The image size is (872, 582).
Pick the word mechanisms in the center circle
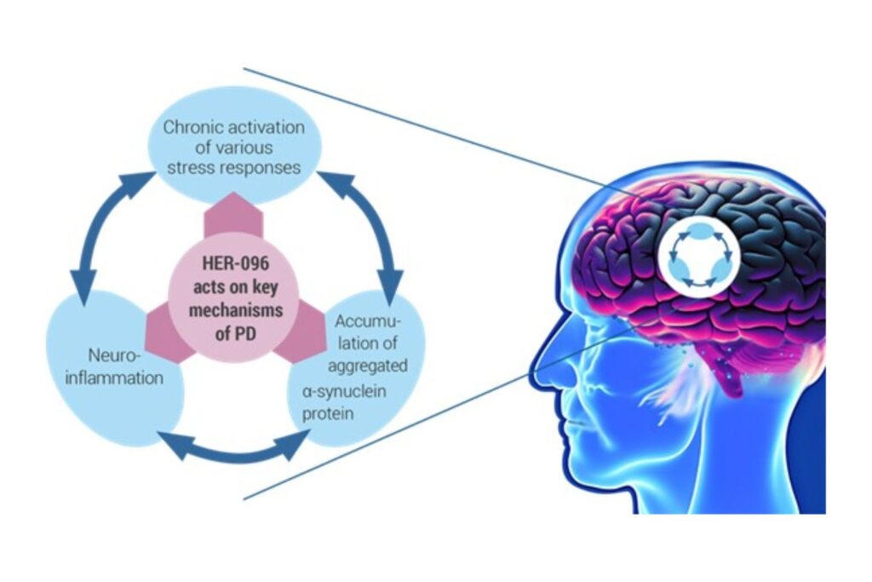[x=233, y=308]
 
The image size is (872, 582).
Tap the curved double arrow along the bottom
[x=237, y=446]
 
